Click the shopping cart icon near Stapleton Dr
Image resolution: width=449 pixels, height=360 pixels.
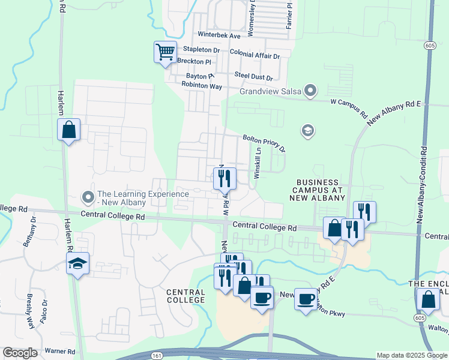165,51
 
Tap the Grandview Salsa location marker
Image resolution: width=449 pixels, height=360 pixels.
310,91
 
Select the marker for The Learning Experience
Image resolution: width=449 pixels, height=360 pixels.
88,197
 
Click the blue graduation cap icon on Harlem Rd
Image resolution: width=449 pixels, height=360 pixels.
77,263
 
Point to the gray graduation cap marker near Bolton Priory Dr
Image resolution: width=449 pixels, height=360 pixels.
308,131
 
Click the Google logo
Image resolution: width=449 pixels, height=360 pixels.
20,353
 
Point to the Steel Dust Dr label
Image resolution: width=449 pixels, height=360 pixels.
253,77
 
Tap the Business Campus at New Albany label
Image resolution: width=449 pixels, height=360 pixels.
318,190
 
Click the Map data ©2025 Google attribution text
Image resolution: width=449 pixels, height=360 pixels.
411,355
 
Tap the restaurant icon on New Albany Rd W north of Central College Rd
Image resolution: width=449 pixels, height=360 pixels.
224,178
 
